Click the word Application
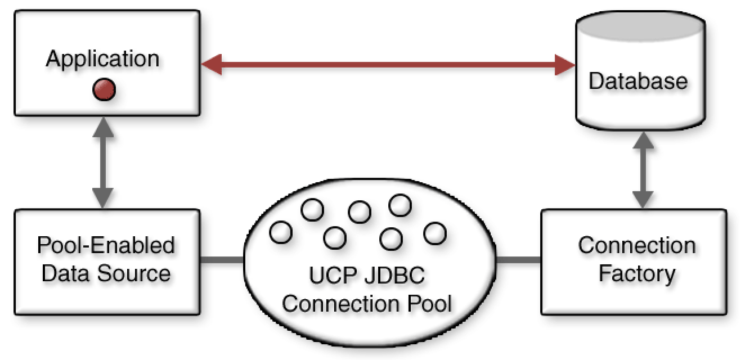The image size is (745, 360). coord(102,58)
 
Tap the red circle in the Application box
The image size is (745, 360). coord(104,89)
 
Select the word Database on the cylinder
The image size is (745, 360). coord(638,81)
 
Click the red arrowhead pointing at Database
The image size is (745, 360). coord(563,65)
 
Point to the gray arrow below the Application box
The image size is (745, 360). coord(103,163)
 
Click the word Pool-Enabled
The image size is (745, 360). coord(106,246)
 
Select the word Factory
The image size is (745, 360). coord(636,274)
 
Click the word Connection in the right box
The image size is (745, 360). coord(636,246)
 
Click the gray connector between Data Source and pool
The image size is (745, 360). coord(222,260)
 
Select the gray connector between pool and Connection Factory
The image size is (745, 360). coord(519,260)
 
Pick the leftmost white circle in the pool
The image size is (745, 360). coord(281,232)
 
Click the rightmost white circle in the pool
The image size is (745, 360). coord(434,233)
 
